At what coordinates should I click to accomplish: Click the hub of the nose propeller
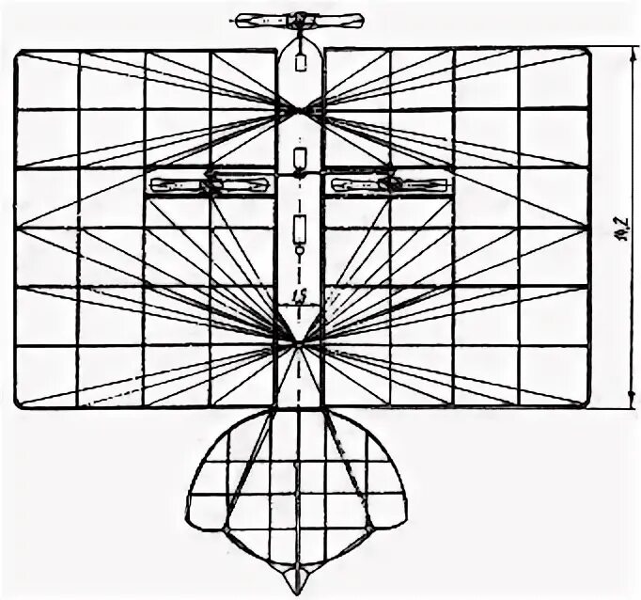[x=299, y=19]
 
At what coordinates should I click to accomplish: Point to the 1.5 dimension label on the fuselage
[x=299, y=295]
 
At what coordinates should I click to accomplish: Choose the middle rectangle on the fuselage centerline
[x=301, y=156]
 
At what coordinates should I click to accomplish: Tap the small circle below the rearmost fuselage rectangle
[x=300, y=251]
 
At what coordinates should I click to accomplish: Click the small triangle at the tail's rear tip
[x=299, y=576]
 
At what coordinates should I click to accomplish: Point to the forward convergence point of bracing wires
[x=300, y=111]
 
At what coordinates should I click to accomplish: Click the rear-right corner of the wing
[x=589, y=405]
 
